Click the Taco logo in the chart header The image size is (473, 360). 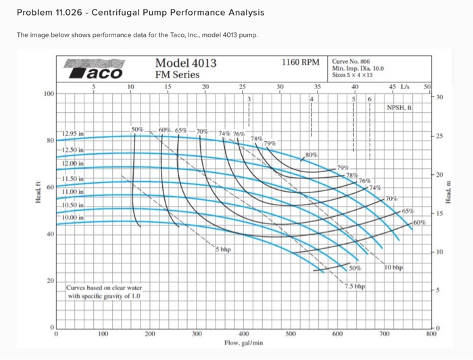(95, 70)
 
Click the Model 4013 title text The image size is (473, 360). (186, 63)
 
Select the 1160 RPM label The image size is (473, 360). (300, 62)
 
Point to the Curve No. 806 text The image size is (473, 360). (352, 60)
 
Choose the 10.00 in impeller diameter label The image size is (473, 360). (72, 217)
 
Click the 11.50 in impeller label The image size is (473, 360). (72, 178)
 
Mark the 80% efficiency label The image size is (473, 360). (312, 155)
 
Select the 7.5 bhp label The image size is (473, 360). (354, 286)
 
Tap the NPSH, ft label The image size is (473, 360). (401, 107)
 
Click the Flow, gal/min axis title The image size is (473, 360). (243, 343)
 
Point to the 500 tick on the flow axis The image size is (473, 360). (291, 334)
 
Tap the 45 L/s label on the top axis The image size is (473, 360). (399, 86)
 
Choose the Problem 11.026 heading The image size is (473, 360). (140, 13)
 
